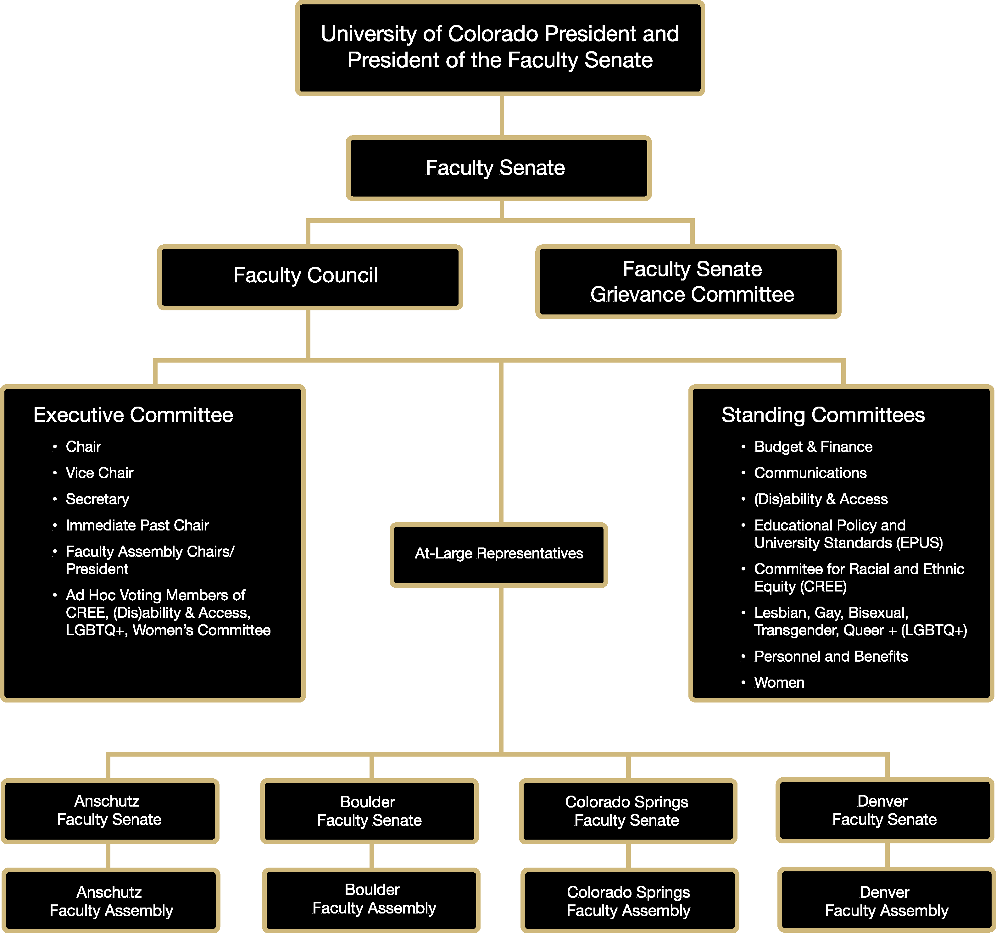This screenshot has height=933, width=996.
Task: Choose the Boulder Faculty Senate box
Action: point(369,811)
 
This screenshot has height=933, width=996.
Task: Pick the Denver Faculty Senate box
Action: point(884,810)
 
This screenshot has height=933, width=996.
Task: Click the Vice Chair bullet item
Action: point(99,473)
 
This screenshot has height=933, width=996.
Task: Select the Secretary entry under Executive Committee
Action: point(97,499)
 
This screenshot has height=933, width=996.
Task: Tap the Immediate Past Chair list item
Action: point(137,525)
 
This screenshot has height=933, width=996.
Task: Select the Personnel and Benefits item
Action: point(830,656)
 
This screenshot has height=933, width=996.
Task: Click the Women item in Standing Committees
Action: point(779,682)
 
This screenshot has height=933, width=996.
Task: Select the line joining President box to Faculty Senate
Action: point(501,115)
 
